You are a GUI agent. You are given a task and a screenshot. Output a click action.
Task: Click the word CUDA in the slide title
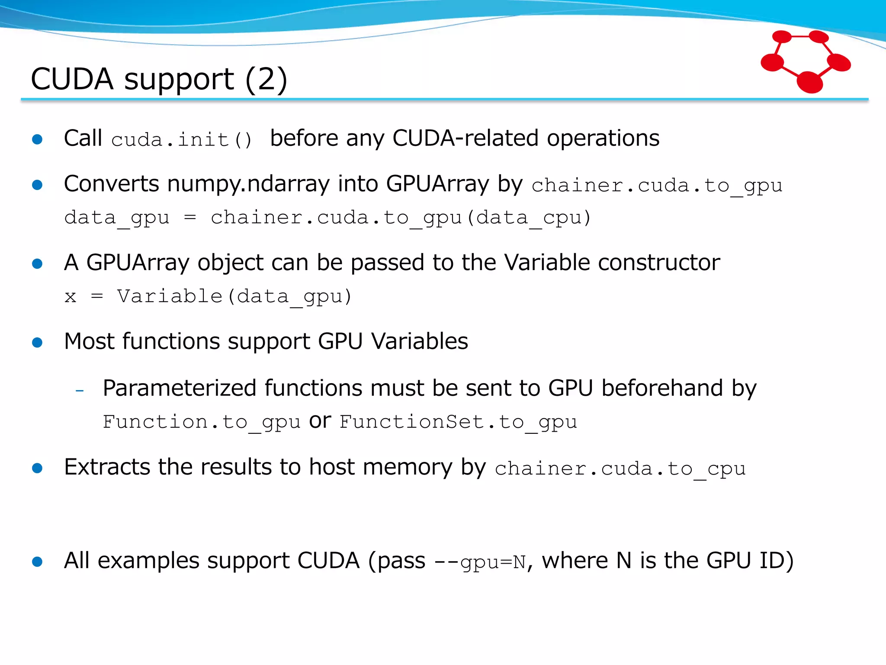72,80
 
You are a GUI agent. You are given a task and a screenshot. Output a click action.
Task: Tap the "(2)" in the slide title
266,80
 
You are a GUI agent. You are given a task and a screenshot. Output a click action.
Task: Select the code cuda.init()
181,140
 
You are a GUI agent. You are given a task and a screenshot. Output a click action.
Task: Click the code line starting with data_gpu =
327,218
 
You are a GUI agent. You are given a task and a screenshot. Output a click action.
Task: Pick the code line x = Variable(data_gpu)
208,297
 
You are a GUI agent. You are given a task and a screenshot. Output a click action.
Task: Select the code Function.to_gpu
201,422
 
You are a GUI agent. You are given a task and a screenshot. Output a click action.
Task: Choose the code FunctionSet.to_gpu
458,422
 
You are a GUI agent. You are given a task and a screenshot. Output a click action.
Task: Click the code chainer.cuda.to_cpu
620,469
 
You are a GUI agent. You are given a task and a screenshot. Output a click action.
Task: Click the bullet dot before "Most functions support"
38,343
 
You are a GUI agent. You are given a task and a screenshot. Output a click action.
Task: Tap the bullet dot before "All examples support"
38,562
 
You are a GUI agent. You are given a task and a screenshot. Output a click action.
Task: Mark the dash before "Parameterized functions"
80,391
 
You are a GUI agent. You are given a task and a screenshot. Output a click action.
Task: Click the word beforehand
662,388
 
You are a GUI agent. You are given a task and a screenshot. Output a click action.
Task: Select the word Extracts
106,467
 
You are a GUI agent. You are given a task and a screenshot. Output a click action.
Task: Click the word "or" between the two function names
320,421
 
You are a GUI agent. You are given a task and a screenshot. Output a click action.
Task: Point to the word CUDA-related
465,139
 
